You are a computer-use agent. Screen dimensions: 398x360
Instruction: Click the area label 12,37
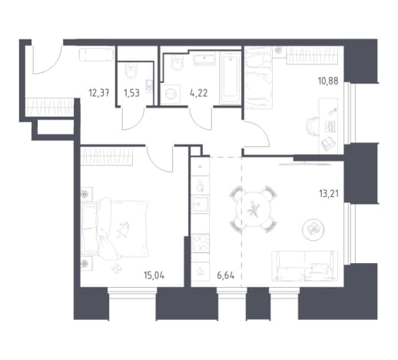[99, 93]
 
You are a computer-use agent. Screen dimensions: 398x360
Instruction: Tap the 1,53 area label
[131, 93]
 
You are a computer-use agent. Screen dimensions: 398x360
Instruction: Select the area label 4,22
[199, 93]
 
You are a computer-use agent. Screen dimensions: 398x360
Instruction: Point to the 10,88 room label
[328, 81]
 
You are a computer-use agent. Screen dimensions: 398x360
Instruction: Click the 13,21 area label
[329, 194]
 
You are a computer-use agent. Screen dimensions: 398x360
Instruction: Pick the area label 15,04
[154, 275]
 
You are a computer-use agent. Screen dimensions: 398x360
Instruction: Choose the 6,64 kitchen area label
[226, 276]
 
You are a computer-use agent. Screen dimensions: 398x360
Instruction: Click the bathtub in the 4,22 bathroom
[231, 78]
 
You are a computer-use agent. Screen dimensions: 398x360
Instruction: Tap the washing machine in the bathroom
[170, 94]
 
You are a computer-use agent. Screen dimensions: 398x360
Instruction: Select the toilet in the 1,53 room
[131, 72]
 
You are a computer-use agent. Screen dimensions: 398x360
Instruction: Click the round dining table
[253, 209]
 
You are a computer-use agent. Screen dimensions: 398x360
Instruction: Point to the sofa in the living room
[304, 266]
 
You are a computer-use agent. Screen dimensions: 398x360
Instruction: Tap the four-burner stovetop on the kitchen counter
[201, 244]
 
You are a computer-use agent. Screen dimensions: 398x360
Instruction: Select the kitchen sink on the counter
[200, 204]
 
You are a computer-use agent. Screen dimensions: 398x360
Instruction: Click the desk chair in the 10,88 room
[313, 126]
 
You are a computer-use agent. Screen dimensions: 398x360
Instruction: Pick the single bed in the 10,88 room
[258, 78]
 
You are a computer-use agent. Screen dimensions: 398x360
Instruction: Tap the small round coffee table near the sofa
[313, 229]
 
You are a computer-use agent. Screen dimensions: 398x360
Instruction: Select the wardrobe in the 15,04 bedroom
[107, 156]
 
